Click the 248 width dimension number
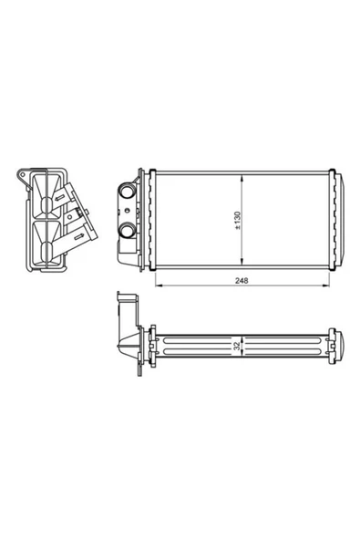[242, 281]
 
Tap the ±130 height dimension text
[237, 221]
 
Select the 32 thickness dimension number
[237, 346]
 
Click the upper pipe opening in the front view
[128, 190]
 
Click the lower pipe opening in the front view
[128, 230]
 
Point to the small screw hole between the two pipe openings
[128, 211]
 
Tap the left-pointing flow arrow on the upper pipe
[60, 198]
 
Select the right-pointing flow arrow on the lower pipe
[78, 236]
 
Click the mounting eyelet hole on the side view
[23, 174]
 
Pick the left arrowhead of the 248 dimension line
[159, 286]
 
